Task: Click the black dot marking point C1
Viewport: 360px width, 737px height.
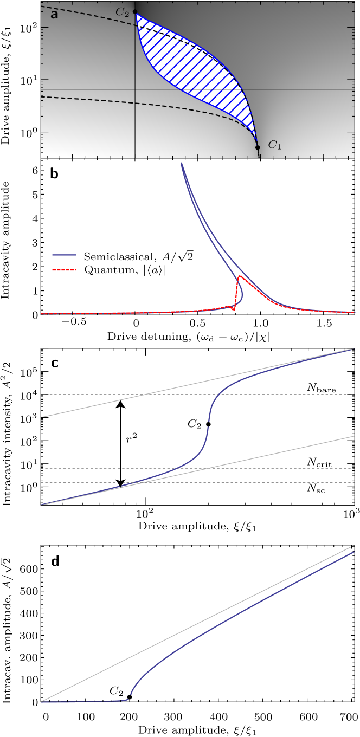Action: (258, 147)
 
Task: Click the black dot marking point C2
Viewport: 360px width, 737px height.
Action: (135, 11)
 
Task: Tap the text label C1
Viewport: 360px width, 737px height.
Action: (275, 145)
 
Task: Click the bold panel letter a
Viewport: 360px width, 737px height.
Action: (54, 15)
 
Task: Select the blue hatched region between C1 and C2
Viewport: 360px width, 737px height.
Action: (195, 70)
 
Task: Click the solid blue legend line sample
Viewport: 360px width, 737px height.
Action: (65, 254)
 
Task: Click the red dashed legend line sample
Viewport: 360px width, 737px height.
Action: (65, 269)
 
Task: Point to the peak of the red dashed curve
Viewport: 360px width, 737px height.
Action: (239, 276)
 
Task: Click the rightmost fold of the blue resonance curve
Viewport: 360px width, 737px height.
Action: (242, 295)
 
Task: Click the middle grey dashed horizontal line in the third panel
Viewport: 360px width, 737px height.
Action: (271, 468)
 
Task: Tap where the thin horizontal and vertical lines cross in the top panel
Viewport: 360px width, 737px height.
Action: (135, 90)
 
